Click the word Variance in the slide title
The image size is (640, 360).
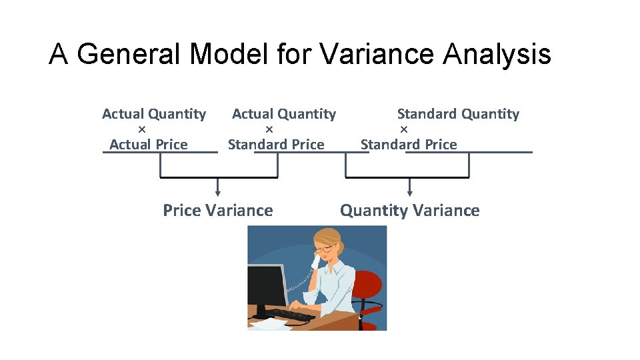pyautogui.click(x=377, y=54)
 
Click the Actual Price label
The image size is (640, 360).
pyautogui.click(x=148, y=144)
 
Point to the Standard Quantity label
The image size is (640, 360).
pyautogui.click(x=458, y=114)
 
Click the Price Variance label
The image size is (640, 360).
pyautogui.click(x=218, y=211)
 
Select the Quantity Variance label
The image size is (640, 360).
pyautogui.click(x=409, y=211)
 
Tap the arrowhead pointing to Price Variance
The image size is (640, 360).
pyautogui.click(x=218, y=193)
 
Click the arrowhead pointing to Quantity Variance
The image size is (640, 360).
pyautogui.click(x=409, y=193)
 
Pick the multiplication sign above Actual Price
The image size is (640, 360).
pyautogui.click(x=141, y=129)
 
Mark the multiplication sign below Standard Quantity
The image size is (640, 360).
pyautogui.click(x=403, y=129)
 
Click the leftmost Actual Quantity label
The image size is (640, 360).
pyautogui.click(x=154, y=114)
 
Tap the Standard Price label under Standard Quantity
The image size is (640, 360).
pyautogui.click(x=409, y=144)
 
